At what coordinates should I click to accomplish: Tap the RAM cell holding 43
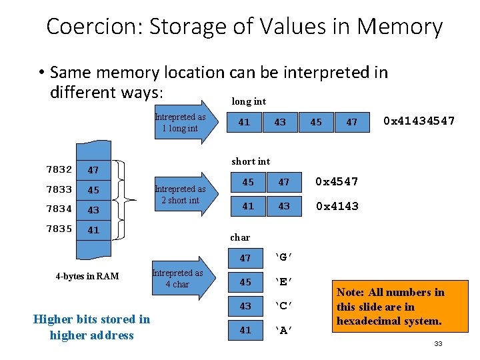coord(94,209)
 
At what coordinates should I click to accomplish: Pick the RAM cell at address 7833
coord(94,190)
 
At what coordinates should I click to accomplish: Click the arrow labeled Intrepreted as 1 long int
coord(184,123)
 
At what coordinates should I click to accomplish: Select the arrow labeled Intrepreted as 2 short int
coord(184,194)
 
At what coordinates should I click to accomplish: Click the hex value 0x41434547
coord(419,121)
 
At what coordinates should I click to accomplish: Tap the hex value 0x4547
coord(337,182)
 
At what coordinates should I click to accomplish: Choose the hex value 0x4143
coord(337,206)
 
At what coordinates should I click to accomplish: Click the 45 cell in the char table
coord(245,282)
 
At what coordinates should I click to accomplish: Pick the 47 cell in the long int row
coord(351,122)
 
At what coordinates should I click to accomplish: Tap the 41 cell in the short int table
coord(248,206)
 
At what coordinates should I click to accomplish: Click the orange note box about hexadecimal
coord(391,307)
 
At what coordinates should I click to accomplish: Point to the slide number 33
coord(438,343)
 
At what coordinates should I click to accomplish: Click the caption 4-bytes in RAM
coord(87,276)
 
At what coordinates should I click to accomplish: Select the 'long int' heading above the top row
coord(248,101)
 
